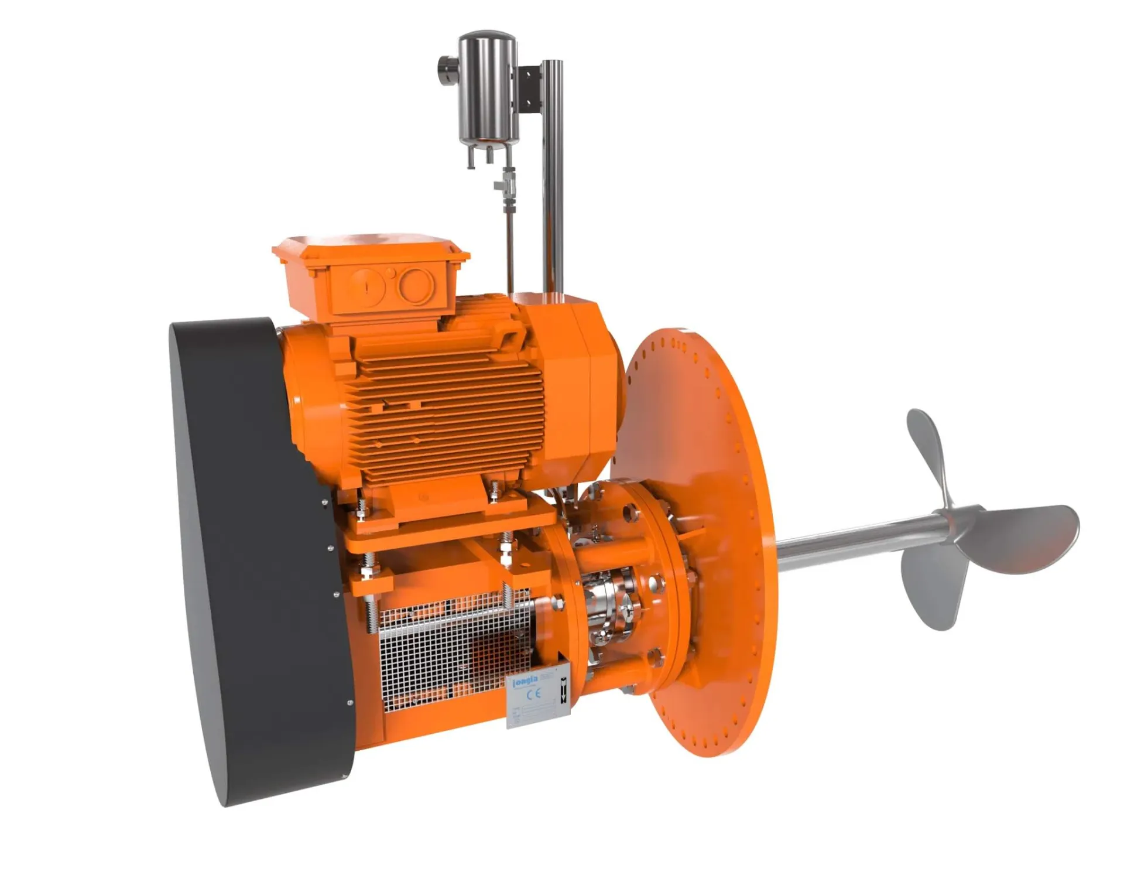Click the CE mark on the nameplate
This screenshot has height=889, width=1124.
pyautogui.click(x=534, y=695)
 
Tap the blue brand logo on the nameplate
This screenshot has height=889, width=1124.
pyautogui.click(x=525, y=681)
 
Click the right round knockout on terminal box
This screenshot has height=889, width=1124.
pyautogui.click(x=416, y=286)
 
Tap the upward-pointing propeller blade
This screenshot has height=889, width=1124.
pyautogui.click(x=931, y=451)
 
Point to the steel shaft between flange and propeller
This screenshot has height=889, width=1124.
pyautogui.click(x=849, y=542)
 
